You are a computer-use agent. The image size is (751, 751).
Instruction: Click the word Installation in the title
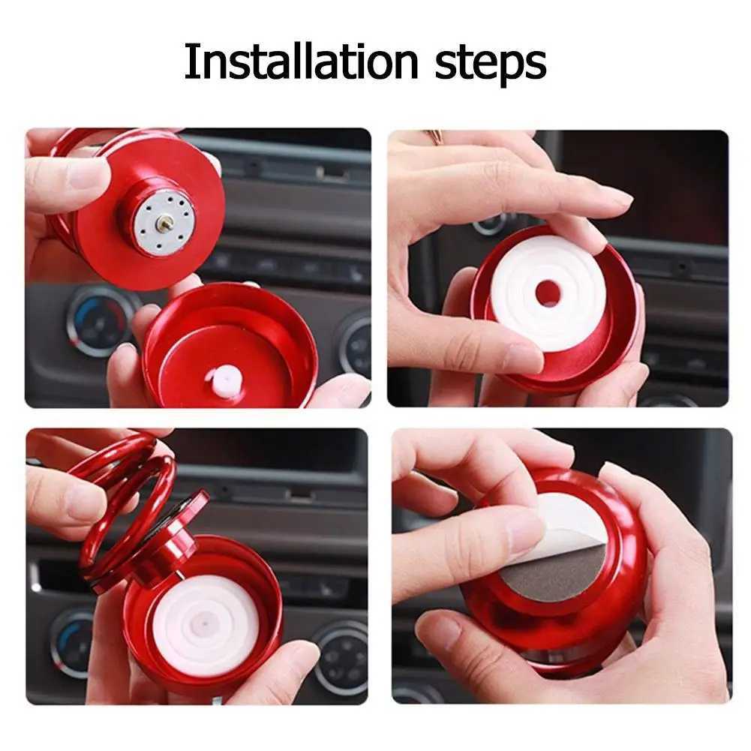[x=302, y=61]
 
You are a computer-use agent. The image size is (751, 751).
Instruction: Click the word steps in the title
[x=491, y=65]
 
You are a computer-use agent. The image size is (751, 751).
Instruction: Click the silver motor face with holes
[x=165, y=223]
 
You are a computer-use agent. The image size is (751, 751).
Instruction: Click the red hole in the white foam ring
[x=548, y=293]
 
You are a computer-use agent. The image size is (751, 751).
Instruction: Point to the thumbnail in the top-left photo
[x=89, y=176]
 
